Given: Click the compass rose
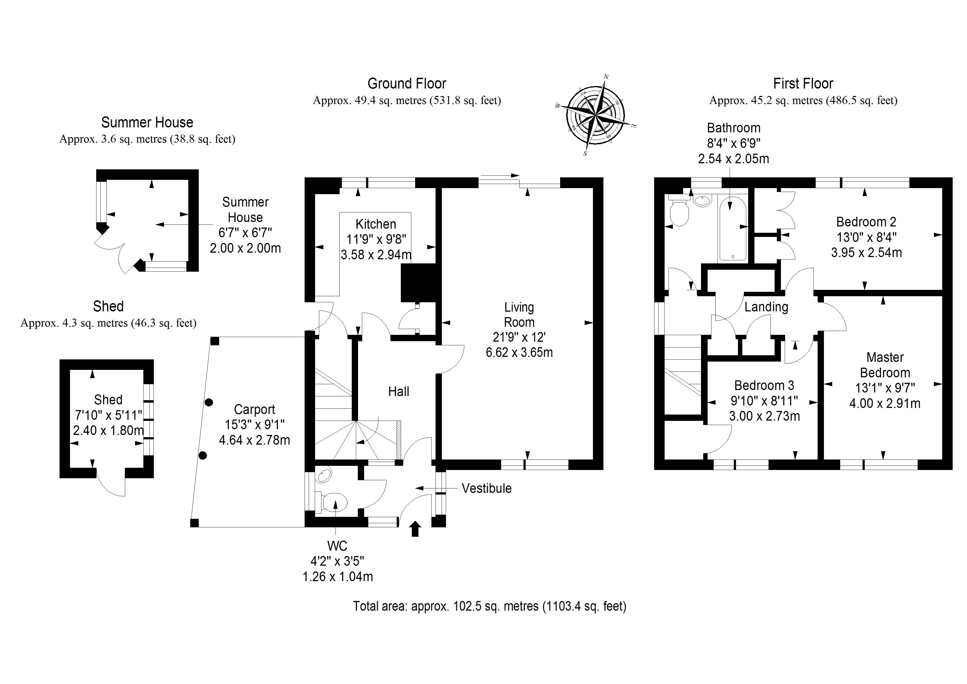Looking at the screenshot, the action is tap(595, 115).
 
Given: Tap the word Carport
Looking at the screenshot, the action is tap(254, 409).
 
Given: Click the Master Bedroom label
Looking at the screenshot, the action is tap(885, 365).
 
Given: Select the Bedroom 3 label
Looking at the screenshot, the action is tap(764, 385).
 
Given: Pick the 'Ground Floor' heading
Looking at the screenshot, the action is tap(407, 84).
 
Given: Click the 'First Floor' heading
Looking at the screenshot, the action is tap(803, 84).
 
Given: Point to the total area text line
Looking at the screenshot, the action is tap(489, 606).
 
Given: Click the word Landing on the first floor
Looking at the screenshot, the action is tap(766, 307).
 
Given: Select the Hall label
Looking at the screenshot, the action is tap(398, 392).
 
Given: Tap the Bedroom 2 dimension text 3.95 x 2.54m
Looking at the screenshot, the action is tap(866, 252).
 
